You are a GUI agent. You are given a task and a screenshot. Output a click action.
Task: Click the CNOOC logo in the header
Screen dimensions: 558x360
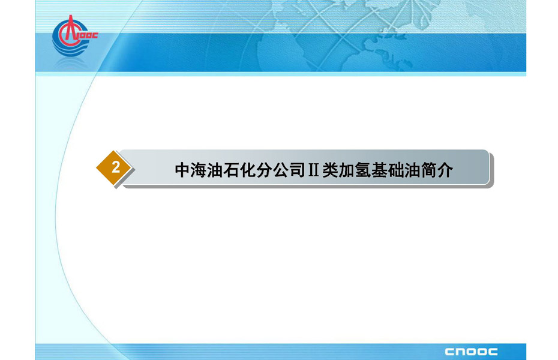[74, 35]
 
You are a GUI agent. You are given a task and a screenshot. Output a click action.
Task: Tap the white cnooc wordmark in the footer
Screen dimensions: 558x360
[471, 352]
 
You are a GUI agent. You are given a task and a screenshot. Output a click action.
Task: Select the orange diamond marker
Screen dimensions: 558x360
[114, 167]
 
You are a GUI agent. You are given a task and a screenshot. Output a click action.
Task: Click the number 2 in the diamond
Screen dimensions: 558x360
[116, 167]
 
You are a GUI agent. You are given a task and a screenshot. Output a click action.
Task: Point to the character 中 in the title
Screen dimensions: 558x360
[182, 170]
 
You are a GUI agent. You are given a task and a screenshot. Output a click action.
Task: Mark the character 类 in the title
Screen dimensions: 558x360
[330, 170]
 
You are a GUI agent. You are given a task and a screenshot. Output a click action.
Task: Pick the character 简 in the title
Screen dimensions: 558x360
[428, 170]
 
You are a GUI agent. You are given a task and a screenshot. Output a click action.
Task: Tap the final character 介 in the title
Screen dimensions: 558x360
[445, 170]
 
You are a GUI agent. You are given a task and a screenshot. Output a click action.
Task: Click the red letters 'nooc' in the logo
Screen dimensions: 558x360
[87, 35]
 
